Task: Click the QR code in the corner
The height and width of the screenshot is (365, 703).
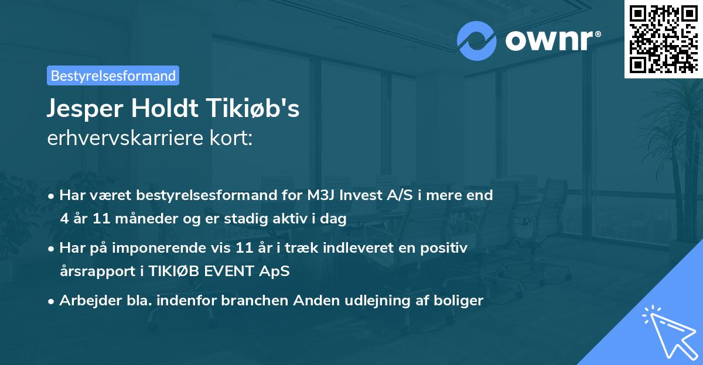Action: point(663,39)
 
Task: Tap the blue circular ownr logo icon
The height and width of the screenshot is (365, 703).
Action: point(477,41)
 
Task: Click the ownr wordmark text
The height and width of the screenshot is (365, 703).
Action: point(552,41)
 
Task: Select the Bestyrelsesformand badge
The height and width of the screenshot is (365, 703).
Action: point(113,75)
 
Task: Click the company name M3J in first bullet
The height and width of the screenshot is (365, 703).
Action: point(323,195)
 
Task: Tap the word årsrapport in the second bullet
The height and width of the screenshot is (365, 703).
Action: point(91,272)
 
